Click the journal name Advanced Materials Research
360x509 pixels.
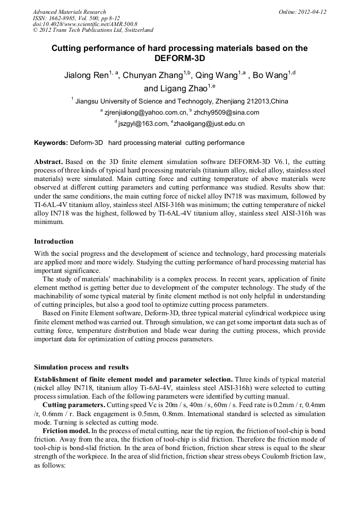click(69, 12)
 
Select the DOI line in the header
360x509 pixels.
click(85, 24)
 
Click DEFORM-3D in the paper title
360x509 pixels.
click(179, 58)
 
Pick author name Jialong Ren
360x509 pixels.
click(85, 76)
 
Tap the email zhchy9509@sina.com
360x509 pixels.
click(227, 113)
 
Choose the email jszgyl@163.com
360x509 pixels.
click(141, 124)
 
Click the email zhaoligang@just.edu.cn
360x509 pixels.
click(209, 124)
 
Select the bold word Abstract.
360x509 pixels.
click(48, 161)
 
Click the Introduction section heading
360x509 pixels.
click(54, 241)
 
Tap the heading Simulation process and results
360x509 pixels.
click(81, 367)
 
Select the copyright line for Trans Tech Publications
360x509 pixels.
click(93, 30)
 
